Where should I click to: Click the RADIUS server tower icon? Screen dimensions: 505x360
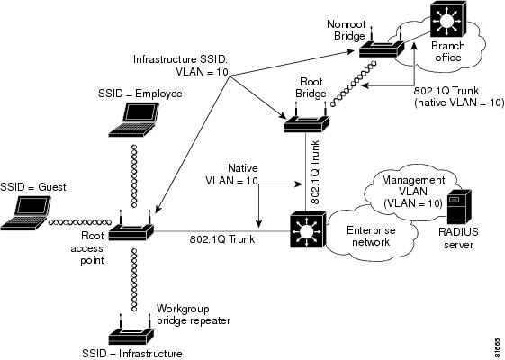click(x=459, y=207)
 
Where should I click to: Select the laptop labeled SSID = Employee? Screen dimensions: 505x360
click(x=134, y=120)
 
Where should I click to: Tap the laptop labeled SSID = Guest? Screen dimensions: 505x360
click(x=26, y=212)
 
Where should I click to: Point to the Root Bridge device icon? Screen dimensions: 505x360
click(x=306, y=118)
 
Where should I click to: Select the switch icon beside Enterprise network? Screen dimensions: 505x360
click(x=308, y=229)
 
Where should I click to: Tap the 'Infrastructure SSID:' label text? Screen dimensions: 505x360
click(x=180, y=59)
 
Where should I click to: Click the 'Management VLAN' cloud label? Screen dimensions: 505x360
click(x=413, y=185)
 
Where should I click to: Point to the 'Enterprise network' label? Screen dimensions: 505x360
click(x=371, y=236)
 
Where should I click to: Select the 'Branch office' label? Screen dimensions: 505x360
click(x=448, y=52)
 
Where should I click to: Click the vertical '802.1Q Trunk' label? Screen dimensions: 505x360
click(x=316, y=172)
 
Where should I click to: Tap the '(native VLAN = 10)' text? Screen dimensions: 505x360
click(x=459, y=103)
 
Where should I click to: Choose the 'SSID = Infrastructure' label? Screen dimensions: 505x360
click(x=132, y=354)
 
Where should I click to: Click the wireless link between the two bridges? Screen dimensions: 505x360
click(x=353, y=83)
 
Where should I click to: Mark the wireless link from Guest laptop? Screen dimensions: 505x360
click(x=80, y=222)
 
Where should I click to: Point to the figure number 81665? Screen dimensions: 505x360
click(x=498, y=347)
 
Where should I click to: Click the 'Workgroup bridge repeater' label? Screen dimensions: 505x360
click(x=194, y=315)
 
